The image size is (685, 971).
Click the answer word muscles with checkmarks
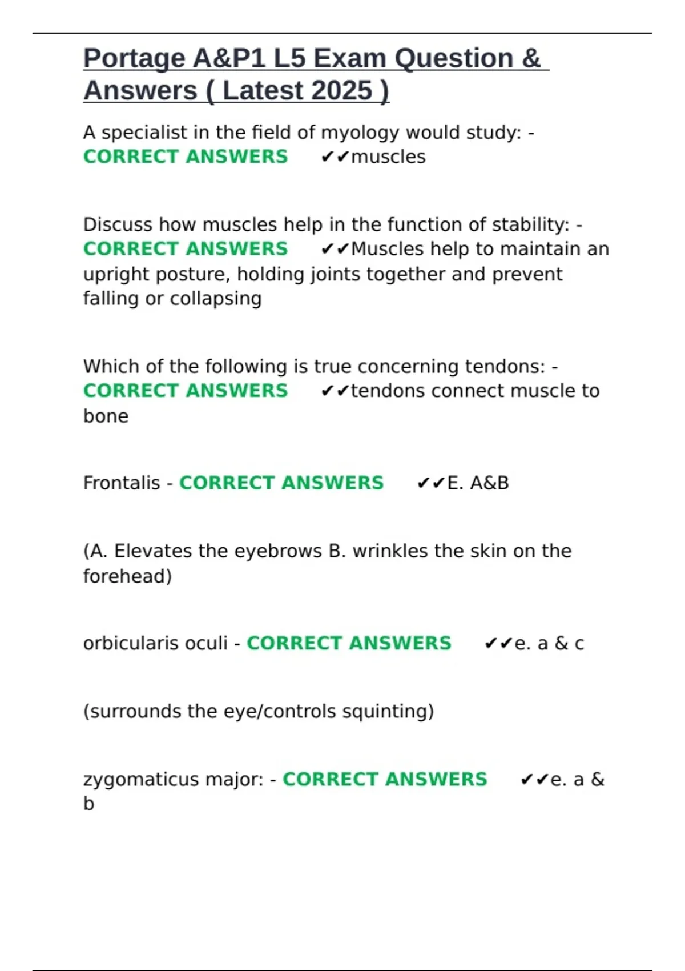(x=388, y=157)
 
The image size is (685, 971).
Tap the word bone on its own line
(x=106, y=416)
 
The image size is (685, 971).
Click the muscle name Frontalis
(x=122, y=483)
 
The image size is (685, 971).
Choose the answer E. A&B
(x=478, y=483)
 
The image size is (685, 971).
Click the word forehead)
(x=127, y=576)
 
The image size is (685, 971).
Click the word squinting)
(x=388, y=712)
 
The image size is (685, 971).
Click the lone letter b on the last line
(x=88, y=804)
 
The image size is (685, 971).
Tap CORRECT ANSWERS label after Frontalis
(x=281, y=483)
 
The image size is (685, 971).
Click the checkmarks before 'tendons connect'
(x=335, y=391)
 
